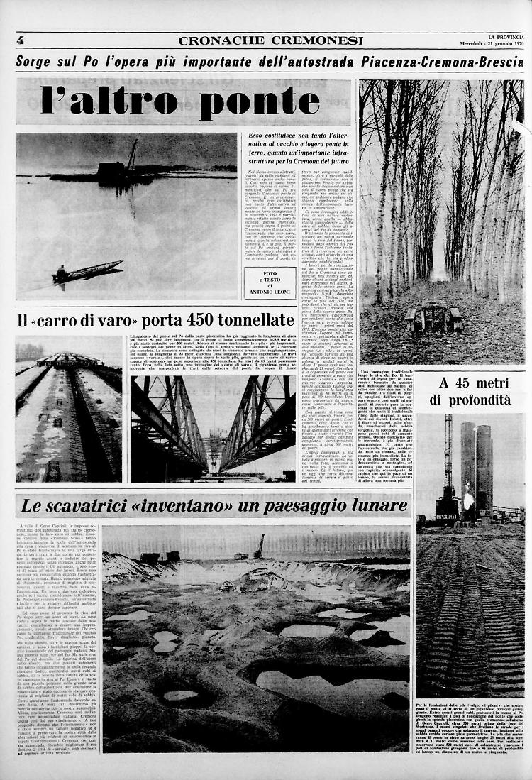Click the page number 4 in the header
click(x=20, y=40)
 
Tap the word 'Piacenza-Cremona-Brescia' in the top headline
click(x=426, y=61)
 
